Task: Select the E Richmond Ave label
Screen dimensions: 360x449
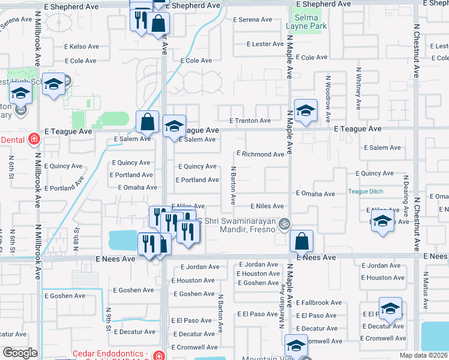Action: pos(260,154)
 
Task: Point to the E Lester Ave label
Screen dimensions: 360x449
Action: pos(264,44)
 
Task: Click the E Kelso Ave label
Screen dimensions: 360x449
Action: pos(82,46)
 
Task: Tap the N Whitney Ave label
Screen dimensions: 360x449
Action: pos(358,88)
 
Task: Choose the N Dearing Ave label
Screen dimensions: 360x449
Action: pos(406,196)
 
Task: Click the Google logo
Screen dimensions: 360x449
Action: pos(20,352)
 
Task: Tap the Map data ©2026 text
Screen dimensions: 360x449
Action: pos(423,355)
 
